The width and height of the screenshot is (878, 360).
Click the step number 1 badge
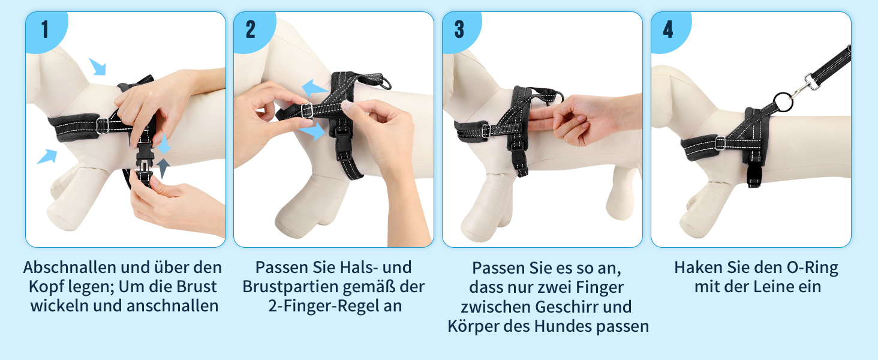46,30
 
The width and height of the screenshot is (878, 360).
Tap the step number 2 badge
251,30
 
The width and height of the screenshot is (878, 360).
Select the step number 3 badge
459,30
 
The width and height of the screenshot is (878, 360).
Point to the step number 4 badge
668,30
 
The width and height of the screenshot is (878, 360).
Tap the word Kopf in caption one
46,287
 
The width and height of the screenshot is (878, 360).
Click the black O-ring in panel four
783,103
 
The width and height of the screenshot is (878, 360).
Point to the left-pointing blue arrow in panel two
314,88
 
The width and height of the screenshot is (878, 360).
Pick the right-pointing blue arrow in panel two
312,131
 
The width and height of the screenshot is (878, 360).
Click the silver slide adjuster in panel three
486,131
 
